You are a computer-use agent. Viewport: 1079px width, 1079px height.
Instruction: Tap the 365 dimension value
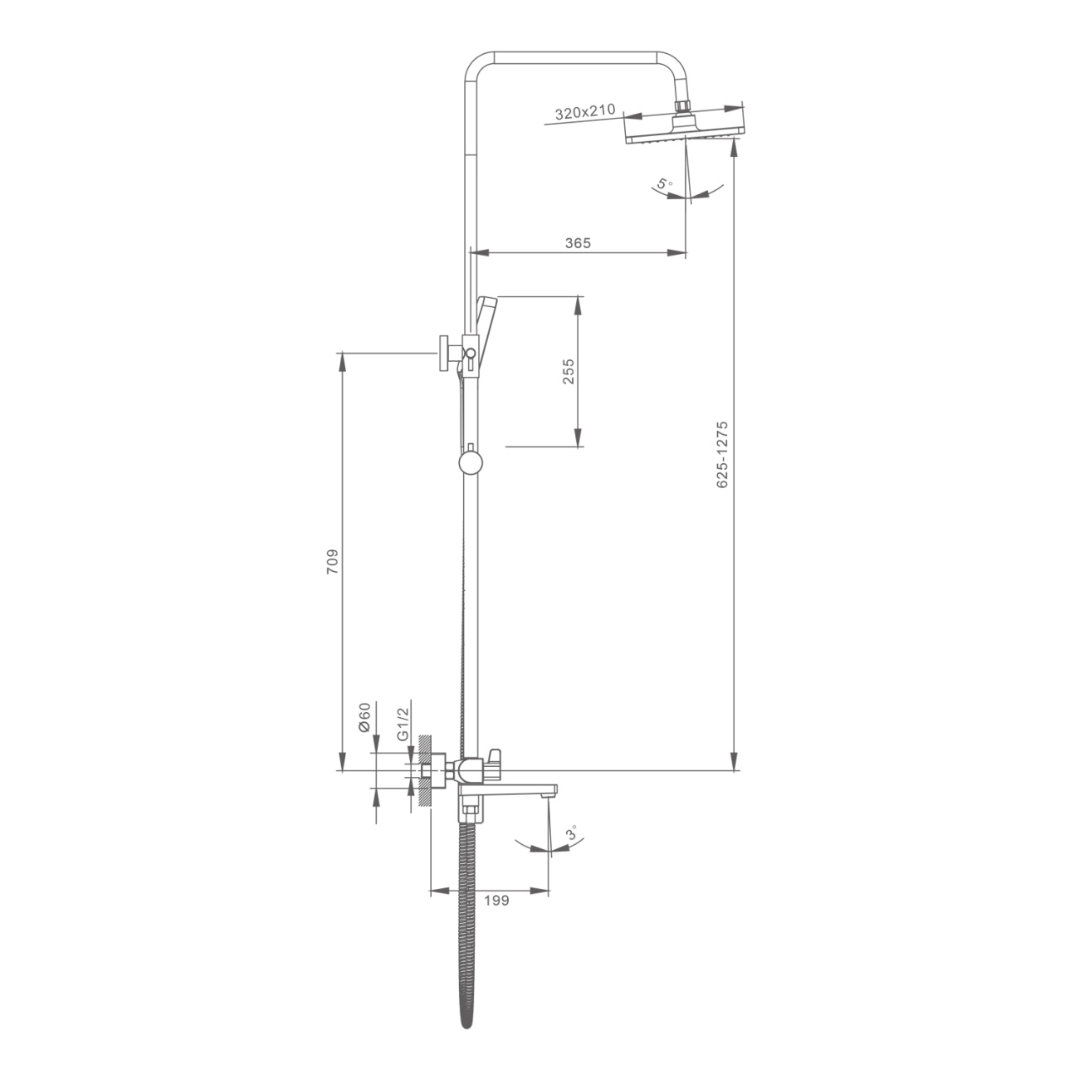[578, 243]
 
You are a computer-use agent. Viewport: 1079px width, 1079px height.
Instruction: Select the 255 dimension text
[569, 371]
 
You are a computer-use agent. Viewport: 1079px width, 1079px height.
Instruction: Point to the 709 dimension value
[332, 561]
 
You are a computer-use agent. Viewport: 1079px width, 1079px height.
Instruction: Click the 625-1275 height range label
[722, 455]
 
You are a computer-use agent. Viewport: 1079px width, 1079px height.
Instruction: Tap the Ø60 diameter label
[364, 717]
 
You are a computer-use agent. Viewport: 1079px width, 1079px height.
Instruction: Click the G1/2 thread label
[403, 724]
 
